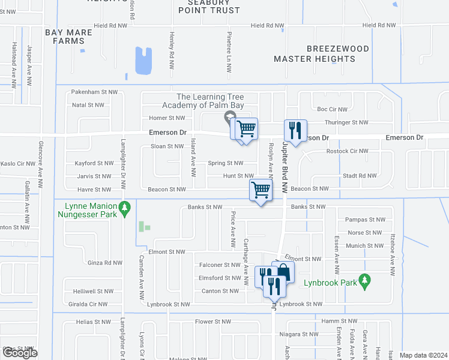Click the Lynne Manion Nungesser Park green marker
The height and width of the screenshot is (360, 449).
pos(124,209)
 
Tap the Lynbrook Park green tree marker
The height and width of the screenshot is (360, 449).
pos(364,281)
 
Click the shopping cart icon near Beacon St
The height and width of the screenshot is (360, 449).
pos(261,190)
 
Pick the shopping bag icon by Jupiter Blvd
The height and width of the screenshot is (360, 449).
pos(284,272)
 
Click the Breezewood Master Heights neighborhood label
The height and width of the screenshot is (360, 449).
pos(314,53)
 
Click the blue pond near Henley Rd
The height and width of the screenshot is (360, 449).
pos(144,61)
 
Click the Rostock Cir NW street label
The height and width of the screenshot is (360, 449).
pos(347,151)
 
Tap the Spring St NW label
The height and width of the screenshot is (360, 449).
pos(225,163)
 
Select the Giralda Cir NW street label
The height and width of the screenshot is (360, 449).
pos(87,304)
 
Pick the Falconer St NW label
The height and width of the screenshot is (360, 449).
pos(219,265)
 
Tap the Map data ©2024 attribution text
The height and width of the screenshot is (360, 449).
pos(423,355)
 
